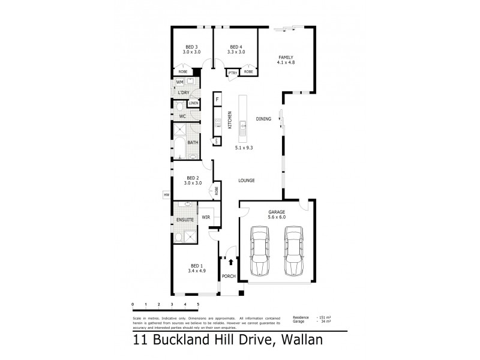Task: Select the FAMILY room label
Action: click(286, 58)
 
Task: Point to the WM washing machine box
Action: click(179, 82)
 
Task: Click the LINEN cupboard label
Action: click(193, 104)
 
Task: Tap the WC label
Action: click(182, 116)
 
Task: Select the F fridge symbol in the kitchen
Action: click(218, 98)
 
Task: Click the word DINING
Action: click(263, 119)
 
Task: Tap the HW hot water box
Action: click(166, 194)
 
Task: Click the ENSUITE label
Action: click(185, 220)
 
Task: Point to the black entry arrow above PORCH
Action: click(230, 262)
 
